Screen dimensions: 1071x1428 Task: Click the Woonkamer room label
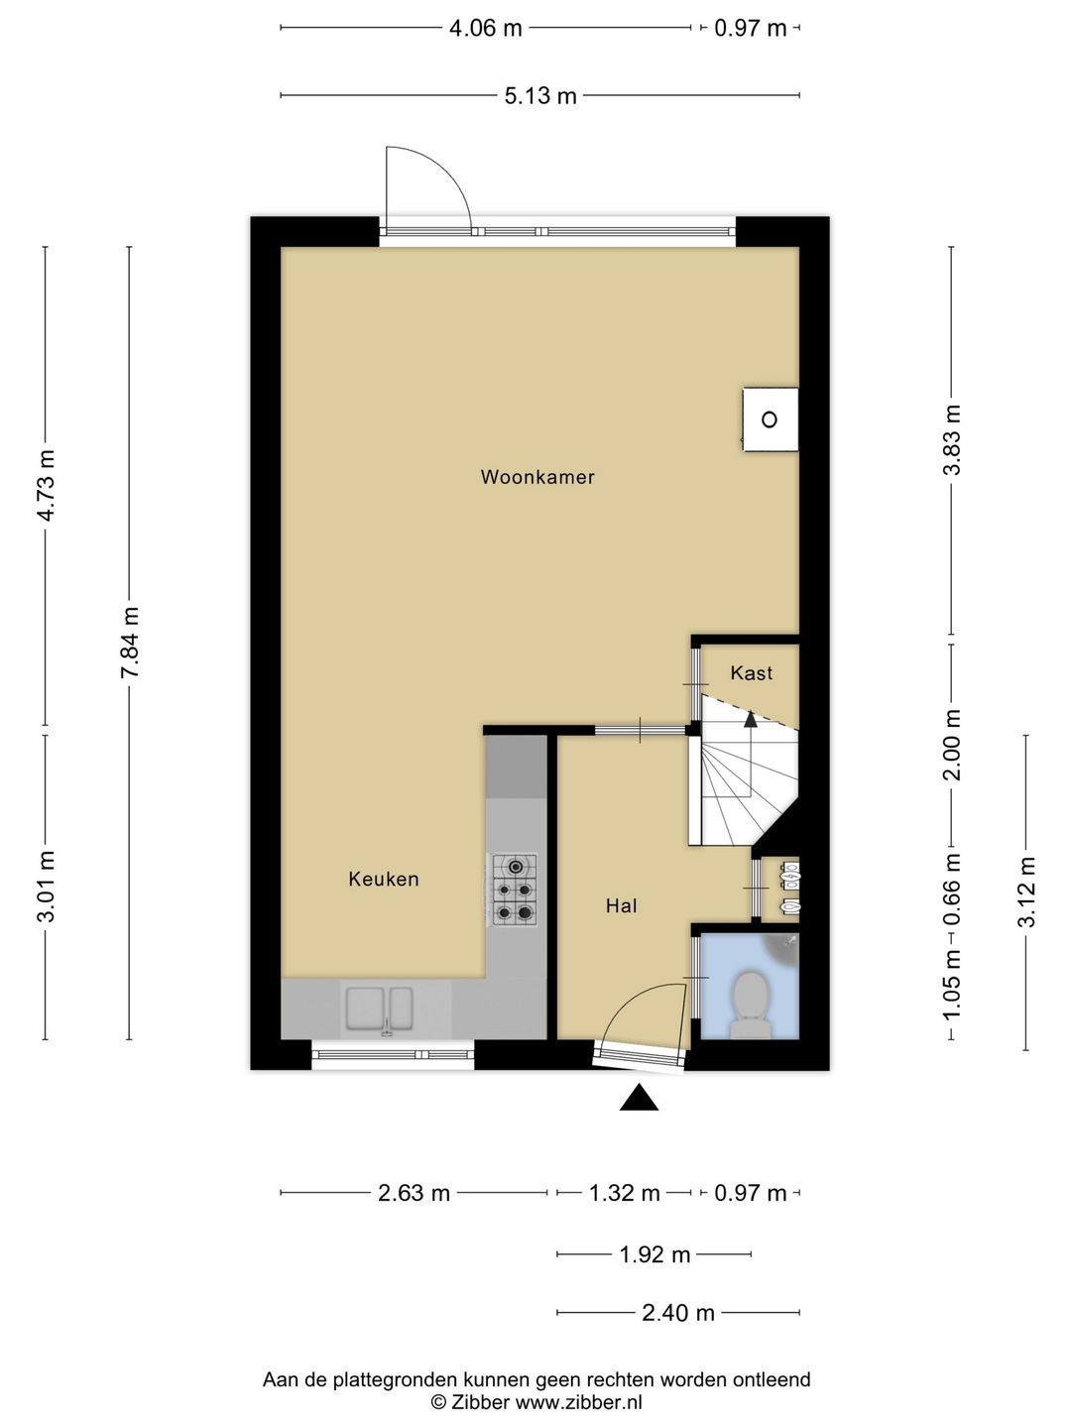[537, 477]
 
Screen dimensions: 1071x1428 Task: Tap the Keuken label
[384, 879]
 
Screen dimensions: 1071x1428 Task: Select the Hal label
[621, 905]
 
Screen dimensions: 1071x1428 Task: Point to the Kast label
[751, 672]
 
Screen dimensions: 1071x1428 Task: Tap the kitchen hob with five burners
[515, 890]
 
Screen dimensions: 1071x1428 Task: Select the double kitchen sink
[379, 1009]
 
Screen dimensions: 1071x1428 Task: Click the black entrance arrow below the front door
[639, 1097]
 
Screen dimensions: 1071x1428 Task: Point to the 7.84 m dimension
[129, 643]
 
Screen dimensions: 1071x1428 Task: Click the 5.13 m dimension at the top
[540, 95]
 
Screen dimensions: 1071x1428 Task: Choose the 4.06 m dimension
[486, 28]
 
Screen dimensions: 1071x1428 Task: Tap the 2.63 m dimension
[415, 1193]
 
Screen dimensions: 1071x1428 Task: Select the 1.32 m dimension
[625, 1193]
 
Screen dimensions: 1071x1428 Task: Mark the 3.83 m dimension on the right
[951, 439]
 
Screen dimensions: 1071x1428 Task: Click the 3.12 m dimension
[1026, 892]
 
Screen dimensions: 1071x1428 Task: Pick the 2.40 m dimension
[678, 1313]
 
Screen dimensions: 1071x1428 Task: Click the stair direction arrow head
[751, 719]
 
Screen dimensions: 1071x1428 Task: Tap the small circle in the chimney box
[770, 419]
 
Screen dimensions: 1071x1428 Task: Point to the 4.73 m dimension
[46, 485]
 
